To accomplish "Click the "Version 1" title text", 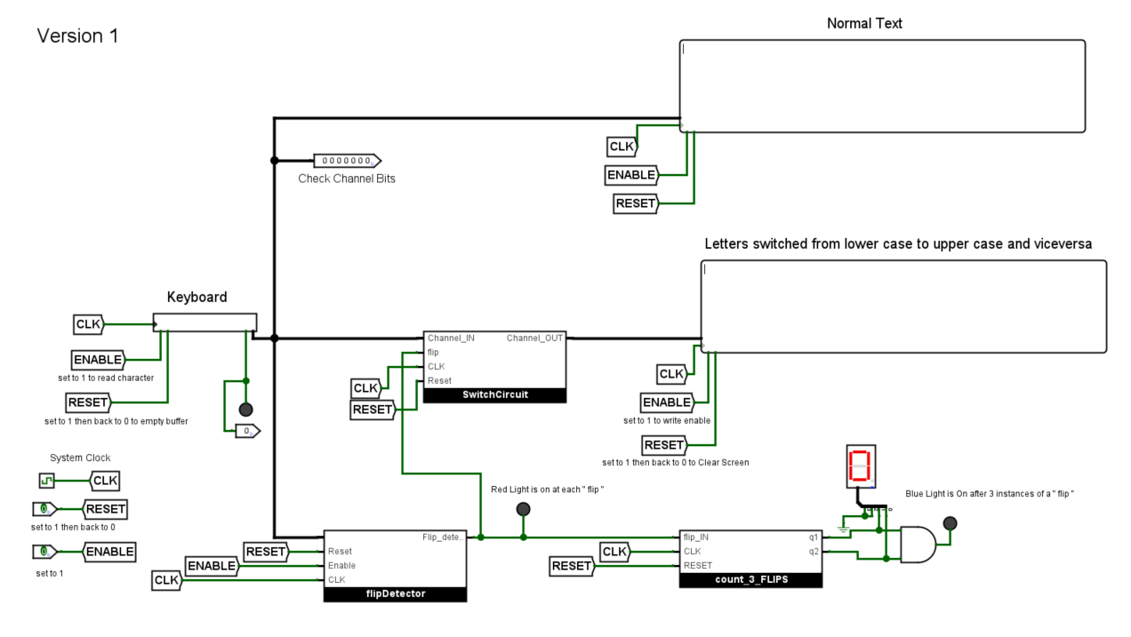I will [x=77, y=36].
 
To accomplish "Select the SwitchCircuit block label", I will [x=494, y=395].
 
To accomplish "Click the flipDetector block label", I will [x=395, y=594].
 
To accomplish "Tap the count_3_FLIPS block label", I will [x=750, y=580].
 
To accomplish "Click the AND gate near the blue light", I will [x=918, y=545].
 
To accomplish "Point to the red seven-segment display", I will [x=860, y=466].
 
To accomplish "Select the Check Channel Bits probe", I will [x=346, y=161].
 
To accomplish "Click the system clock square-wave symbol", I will [x=46, y=481].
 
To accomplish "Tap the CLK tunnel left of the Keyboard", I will [x=89, y=324].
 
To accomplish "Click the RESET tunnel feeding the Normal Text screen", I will [x=635, y=203].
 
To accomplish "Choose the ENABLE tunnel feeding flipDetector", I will [x=212, y=566].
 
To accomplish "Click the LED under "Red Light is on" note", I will [x=523, y=509].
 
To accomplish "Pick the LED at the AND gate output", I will [x=950, y=523].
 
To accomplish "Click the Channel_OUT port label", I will [x=534, y=338].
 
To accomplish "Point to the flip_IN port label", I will [x=695, y=537].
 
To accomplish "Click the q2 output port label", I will [x=814, y=552].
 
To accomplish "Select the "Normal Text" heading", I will [x=864, y=24].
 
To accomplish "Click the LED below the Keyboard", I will [x=246, y=410].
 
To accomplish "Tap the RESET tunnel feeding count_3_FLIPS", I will [x=571, y=566].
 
